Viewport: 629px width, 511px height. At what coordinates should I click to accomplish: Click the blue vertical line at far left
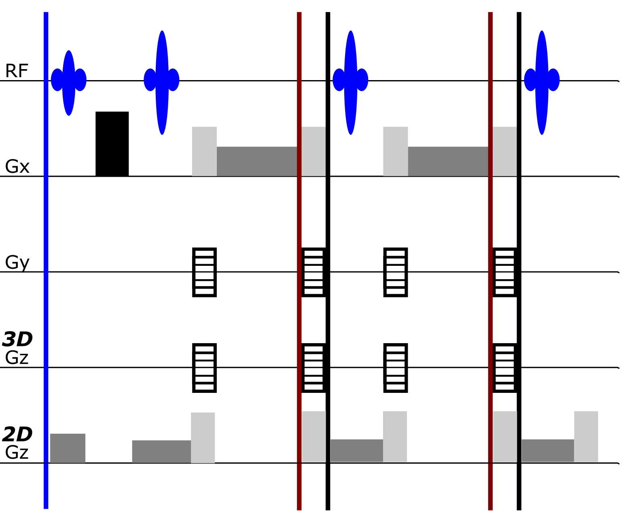point(46,259)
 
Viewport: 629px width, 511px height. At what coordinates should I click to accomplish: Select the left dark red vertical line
point(299,283)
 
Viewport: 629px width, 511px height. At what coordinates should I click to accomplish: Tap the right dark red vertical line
point(490,283)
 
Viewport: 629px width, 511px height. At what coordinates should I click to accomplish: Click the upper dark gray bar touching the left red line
point(257,161)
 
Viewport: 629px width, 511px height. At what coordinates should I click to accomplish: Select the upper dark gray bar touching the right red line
point(448,161)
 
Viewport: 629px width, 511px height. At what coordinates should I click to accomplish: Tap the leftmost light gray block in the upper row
point(204,151)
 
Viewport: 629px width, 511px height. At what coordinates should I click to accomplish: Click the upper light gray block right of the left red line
point(313,151)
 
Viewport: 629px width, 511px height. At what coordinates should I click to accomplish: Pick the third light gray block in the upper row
point(396,151)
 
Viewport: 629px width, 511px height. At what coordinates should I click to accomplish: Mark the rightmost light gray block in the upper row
point(504,151)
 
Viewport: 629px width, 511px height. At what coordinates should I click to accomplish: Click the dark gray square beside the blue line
point(68,448)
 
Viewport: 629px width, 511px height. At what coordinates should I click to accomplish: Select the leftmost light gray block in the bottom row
point(203,437)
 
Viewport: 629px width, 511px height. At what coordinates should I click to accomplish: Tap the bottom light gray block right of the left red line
point(314,437)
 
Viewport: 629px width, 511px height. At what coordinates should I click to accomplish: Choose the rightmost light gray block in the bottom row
point(586,437)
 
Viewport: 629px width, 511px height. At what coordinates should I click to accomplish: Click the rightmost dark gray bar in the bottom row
point(548,451)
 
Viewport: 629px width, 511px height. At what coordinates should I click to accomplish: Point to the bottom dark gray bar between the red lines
point(357,451)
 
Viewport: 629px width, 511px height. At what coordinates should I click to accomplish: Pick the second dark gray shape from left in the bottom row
point(161,451)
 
